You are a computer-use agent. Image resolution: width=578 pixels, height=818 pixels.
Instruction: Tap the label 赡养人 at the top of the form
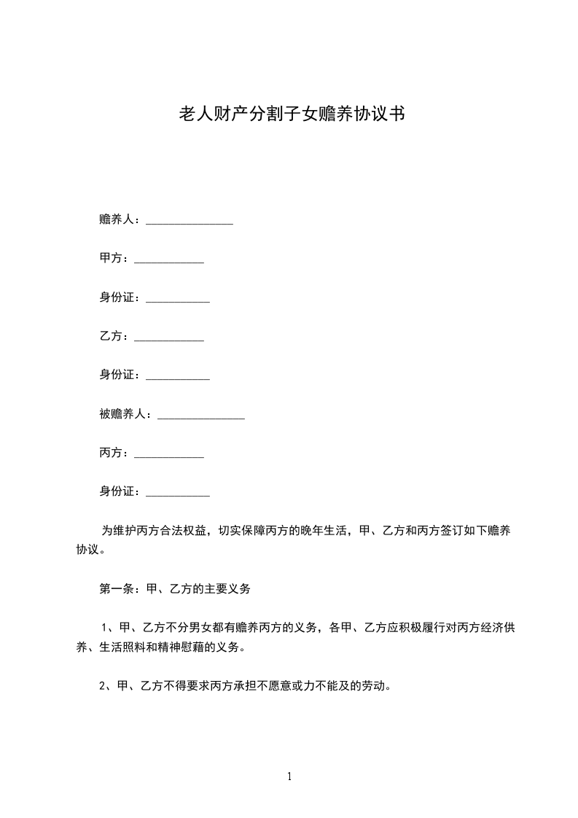pos(117,219)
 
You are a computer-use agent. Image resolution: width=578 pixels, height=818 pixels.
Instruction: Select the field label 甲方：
pos(114,258)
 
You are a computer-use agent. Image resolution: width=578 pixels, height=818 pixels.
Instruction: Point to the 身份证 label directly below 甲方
pos(120,297)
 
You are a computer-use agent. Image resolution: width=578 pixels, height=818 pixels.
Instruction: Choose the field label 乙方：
pos(114,337)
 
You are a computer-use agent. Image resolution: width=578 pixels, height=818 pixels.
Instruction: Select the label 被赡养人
pos(122,414)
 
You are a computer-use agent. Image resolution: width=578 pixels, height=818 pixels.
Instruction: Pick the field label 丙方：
pos(114,453)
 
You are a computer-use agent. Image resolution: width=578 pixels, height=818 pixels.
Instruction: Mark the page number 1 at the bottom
pos(289,776)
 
